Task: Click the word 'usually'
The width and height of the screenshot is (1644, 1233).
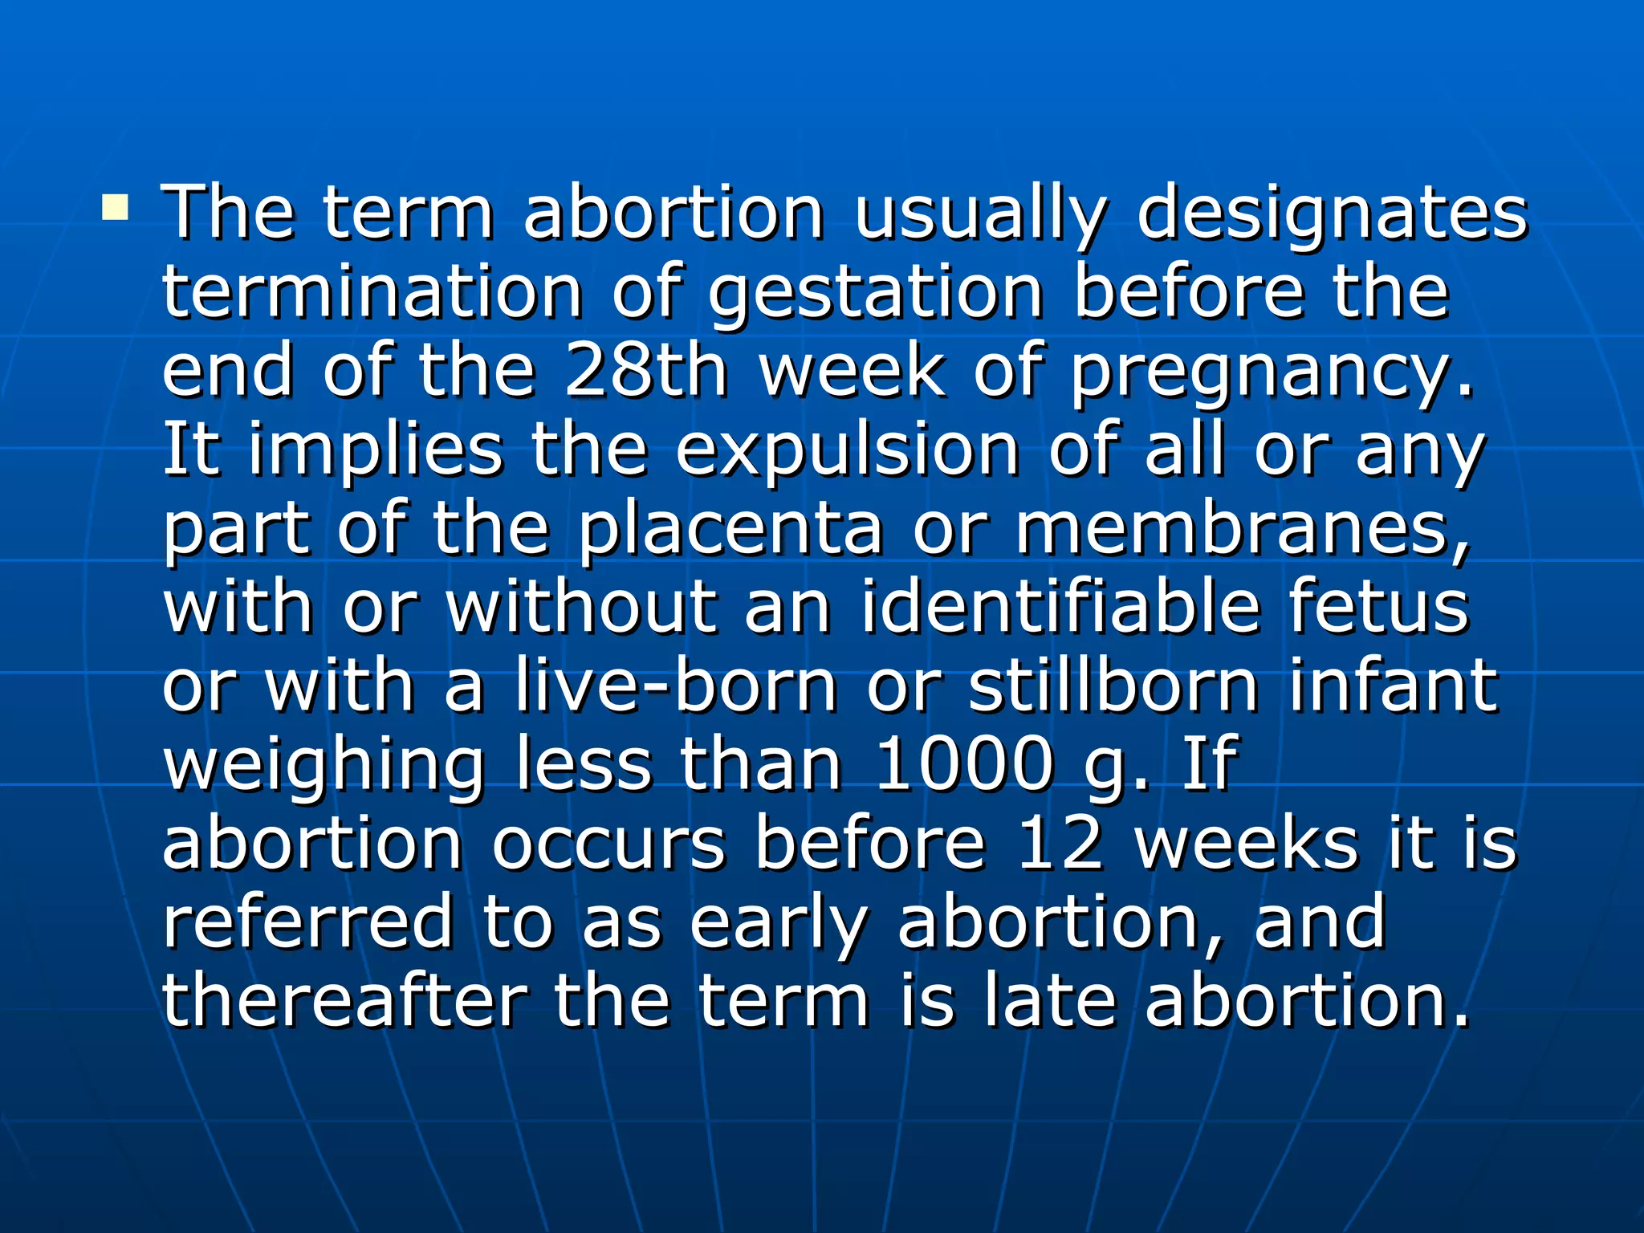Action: (x=979, y=215)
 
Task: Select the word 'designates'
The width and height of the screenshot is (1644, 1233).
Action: (x=1333, y=215)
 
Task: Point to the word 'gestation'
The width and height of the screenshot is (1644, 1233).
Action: (x=876, y=294)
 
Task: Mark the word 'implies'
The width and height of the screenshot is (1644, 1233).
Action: (x=375, y=451)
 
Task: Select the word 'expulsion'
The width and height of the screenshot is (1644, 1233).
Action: (x=848, y=451)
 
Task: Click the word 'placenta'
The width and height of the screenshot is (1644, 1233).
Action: (x=730, y=530)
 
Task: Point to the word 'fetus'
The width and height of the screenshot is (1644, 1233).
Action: (x=1378, y=608)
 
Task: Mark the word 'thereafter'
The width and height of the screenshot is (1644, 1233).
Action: (x=344, y=1000)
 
